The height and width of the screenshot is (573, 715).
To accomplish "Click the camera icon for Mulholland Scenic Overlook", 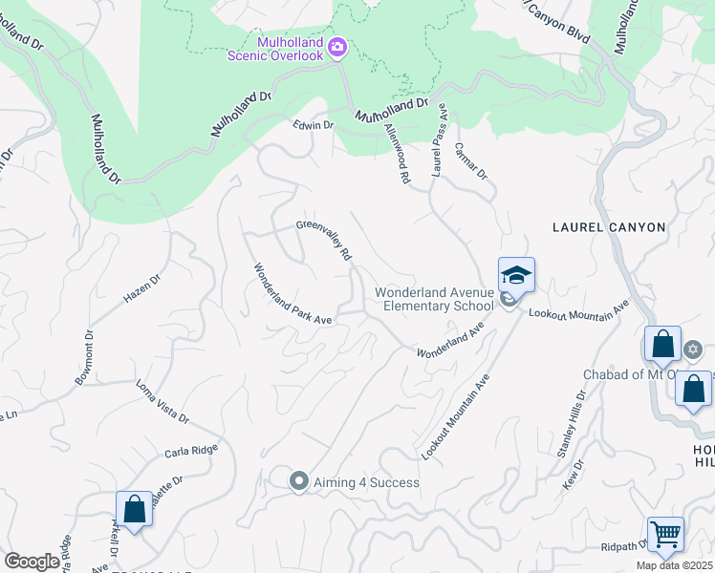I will click(x=337, y=47).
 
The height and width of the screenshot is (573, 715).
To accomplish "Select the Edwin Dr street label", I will click(x=314, y=125).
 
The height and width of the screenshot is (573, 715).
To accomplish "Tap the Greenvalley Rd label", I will click(x=324, y=241).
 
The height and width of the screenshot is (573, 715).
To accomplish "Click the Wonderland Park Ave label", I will click(x=292, y=294).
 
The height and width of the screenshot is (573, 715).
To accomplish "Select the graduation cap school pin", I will click(x=516, y=275).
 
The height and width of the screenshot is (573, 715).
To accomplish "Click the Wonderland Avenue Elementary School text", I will click(x=434, y=299).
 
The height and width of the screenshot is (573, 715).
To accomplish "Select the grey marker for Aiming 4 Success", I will click(x=299, y=481).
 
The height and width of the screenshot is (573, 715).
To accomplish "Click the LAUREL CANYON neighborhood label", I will click(x=609, y=227).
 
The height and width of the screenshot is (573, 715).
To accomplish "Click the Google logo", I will click(x=32, y=562).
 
